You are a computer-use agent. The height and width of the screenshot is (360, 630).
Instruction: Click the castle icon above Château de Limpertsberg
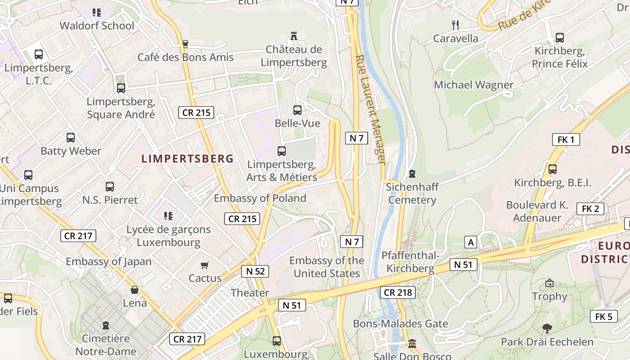pos(294,36)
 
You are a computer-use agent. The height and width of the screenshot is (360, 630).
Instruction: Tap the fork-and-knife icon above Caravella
pos(455,25)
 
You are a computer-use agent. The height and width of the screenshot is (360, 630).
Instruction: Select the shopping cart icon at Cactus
pos(205,265)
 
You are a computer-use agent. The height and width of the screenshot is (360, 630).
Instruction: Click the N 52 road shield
pos(255,271)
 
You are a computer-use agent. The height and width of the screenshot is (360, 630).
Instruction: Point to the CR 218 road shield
pos(397,292)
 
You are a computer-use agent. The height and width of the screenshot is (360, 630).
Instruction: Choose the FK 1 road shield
pos(566,139)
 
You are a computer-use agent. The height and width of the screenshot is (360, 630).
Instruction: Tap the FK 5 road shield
pos(603,316)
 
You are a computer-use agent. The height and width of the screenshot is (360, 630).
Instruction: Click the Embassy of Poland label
pos(260,198)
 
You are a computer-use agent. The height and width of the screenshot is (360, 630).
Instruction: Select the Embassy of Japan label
pos(108,261)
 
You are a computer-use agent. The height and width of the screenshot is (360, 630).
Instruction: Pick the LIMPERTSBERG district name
pos(188,158)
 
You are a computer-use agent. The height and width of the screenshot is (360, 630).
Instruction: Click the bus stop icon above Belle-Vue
pos(297,110)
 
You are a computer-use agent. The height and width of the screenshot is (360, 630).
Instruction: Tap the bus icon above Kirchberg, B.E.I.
pos(552,169)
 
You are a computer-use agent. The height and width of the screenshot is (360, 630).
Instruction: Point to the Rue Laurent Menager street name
pos(371,109)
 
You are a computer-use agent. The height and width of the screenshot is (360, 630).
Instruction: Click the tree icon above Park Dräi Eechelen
pos(547,328)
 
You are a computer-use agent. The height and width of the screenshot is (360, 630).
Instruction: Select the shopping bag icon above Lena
pos(135,290)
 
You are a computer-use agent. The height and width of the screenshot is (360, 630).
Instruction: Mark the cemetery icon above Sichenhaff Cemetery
pos(412,173)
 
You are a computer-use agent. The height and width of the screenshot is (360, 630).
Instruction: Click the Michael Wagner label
pos(473,85)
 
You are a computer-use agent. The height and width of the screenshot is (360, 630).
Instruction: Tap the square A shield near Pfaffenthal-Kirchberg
pos(471,243)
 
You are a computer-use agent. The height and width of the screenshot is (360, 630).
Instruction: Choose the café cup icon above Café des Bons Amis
pos(184,44)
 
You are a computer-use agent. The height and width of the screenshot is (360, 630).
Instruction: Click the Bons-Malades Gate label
pos(400,324)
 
